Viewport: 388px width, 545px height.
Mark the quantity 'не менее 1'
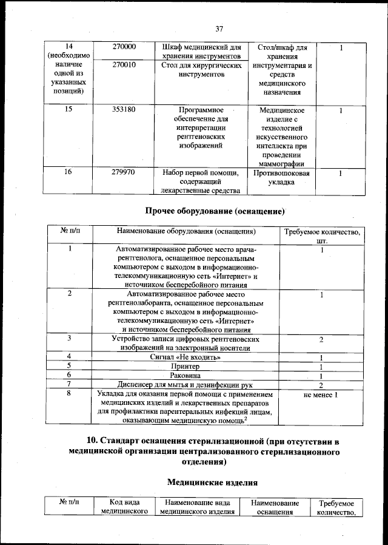[x=321, y=395]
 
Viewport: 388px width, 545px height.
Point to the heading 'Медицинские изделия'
[x=212, y=482]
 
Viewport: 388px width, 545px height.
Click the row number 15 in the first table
[x=68, y=110]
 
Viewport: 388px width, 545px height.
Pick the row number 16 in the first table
[x=68, y=172]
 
